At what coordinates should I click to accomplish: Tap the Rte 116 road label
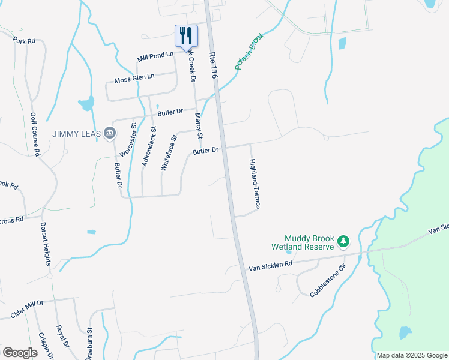pos(213,65)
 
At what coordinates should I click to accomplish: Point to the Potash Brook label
pos(250,51)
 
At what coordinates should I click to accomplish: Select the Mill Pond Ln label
pos(155,56)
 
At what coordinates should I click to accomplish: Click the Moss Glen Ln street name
pos(134,79)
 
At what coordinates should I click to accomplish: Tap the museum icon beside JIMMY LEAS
pos(109,133)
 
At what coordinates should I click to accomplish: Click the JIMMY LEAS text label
pos(77,133)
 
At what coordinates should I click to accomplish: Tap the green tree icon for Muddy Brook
pos(343,241)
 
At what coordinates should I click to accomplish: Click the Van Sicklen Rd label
pos(270,264)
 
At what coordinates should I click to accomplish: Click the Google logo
pos(20,352)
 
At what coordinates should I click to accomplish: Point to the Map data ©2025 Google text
pos(412,355)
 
